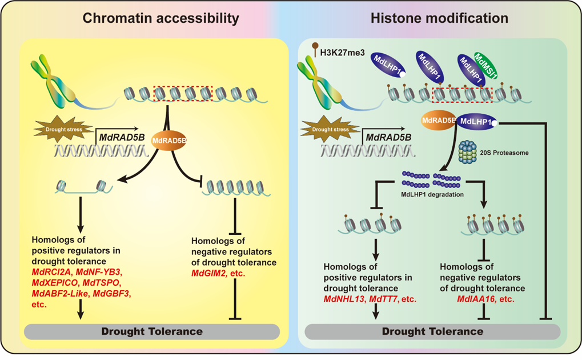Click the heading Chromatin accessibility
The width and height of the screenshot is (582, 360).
click(160, 18)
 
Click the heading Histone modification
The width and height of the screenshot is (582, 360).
click(439, 18)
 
